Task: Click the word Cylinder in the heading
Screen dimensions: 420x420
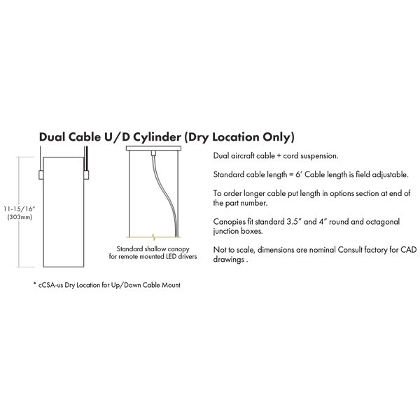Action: (x=157, y=137)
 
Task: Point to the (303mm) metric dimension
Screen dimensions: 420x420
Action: (x=20, y=217)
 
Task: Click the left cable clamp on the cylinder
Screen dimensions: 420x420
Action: (x=41, y=174)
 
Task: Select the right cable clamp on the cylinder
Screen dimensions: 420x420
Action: (x=86, y=174)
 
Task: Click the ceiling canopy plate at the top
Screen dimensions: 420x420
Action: (x=153, y=148)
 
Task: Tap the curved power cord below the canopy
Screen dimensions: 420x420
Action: (x=164, y=195)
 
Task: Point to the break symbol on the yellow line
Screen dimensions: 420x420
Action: (x=153, y=237)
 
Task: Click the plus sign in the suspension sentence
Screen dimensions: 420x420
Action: (x=279, y=156)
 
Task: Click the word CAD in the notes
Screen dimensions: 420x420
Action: (x=409, y=250)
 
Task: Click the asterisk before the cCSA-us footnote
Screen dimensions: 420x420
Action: (x=34, y=283)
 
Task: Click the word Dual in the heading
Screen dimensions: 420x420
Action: (x=52, y=137)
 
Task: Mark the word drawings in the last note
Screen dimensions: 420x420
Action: (x=228, y=260)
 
